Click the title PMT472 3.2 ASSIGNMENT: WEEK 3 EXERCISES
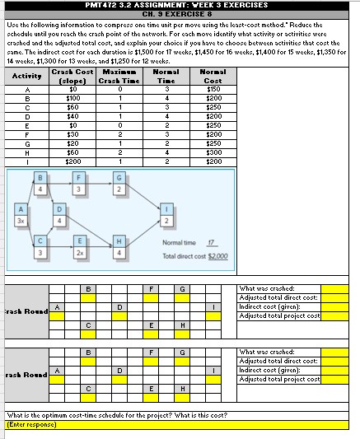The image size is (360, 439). tap(176, 5)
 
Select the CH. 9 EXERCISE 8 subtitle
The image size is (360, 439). tap(176, 13)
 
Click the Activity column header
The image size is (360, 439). tap(28, 76)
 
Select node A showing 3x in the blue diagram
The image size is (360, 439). tap(20, 218)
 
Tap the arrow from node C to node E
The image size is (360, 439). tap(60, 250)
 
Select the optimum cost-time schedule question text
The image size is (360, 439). tap(115, 414)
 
